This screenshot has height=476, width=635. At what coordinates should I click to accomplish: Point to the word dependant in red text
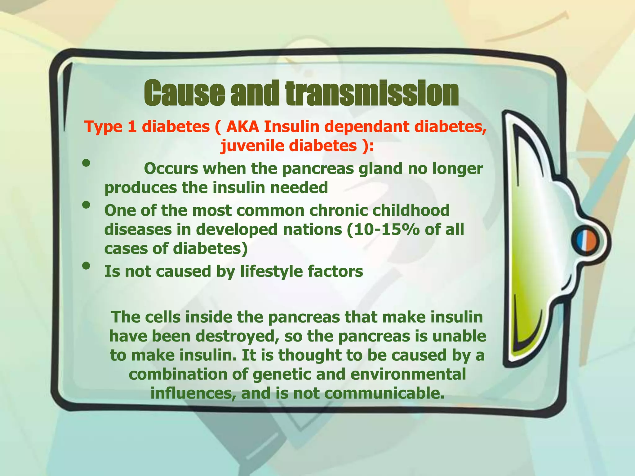(x=365, y=127)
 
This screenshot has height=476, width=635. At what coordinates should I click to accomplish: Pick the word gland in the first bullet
(x=380, y=169)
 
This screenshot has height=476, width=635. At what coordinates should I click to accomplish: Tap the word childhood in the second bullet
(x=411, y=211)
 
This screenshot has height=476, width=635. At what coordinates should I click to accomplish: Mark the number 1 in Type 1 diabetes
(x=131, y=127)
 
